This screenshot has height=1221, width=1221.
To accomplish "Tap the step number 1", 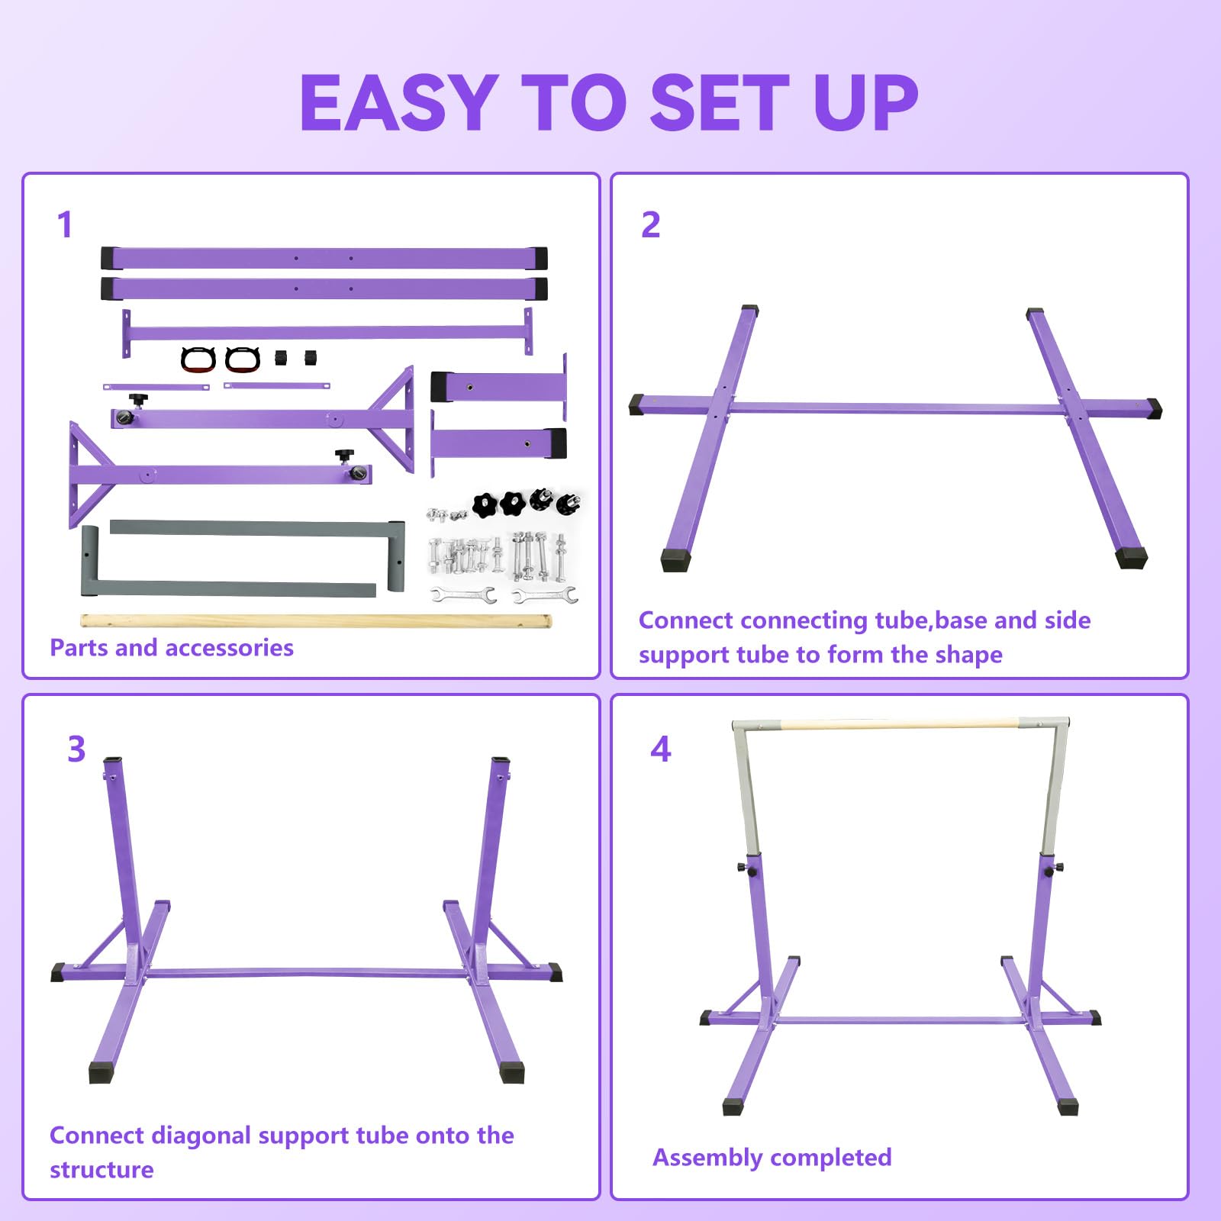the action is [65, 224].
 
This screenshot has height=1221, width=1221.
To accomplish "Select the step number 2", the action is [650, 224].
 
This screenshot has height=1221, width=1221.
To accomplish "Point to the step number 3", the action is [76, 749].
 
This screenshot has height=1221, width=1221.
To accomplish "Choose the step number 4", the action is [661, 749].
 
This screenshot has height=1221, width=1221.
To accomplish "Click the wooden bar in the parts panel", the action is [316, 621].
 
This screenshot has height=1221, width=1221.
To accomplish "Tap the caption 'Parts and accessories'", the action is [172, 648].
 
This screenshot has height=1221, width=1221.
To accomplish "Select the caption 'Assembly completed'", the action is [772, 1158].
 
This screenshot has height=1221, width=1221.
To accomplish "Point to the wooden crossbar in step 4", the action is [900, 723].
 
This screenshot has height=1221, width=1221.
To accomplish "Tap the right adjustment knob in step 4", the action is [1055, 868].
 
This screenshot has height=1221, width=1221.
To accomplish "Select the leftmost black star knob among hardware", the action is [485, 504].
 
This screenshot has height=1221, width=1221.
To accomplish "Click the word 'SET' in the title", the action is [720, 102].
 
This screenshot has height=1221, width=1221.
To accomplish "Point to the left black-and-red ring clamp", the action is [198, 359].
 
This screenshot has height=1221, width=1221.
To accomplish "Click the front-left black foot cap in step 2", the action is [676, 559].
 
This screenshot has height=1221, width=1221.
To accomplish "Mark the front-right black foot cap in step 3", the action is [512, 1071].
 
